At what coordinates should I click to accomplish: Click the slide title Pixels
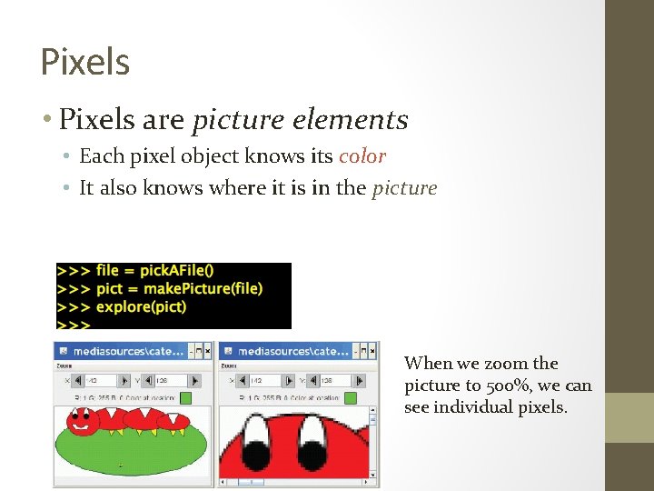[x=85, y=62]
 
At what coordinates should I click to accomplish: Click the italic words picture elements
[x=301, y=119]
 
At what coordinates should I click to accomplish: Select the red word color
[x=362, y=156]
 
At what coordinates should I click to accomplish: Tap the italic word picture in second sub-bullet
[x=404, y=188]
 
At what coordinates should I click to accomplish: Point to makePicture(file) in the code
[x=201, y=288]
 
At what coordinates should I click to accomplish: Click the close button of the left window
[x=207, y=350]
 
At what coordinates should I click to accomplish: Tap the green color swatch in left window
[x=185, y=397]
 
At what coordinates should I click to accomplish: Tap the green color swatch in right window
[x=351, y=397]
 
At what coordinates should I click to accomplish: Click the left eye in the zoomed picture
[x=257, y=434]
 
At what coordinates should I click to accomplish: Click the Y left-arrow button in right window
[x=314, y=380]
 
